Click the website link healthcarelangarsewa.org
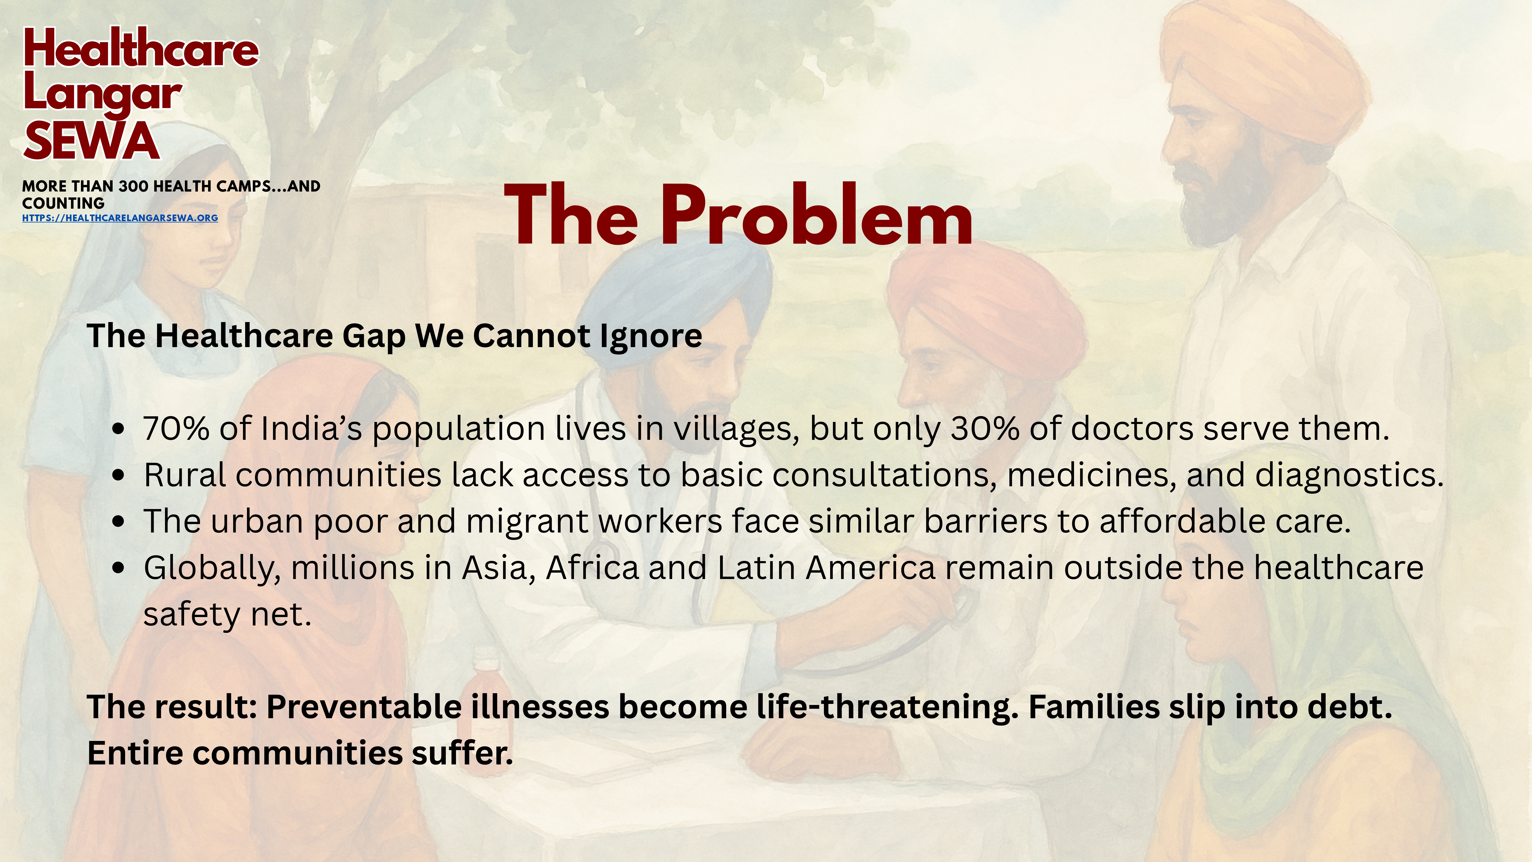120,218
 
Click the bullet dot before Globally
119,568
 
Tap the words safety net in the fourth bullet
227,614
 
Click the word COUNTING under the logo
63,203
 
